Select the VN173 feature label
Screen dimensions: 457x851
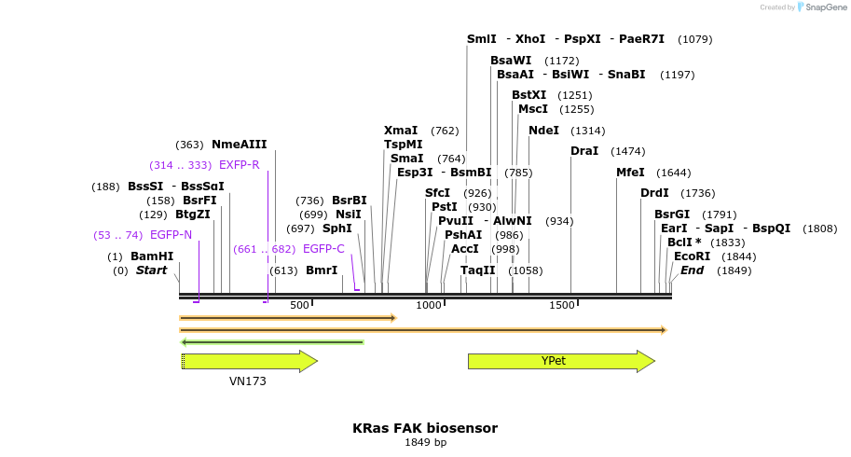[248, 381]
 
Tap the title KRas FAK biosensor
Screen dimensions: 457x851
[425, 428]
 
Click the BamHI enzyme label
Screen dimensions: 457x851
[152, 256]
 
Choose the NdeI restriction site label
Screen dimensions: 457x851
[543, 131]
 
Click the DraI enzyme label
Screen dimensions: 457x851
[584, 151]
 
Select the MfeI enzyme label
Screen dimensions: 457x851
[630, 173]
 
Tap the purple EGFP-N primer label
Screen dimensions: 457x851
[171, 235]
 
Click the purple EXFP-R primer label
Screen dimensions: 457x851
[239, 165]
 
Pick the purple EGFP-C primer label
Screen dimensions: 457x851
[323, 249]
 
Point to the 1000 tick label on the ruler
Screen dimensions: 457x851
[429, 306]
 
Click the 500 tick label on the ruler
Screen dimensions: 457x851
[299, 306]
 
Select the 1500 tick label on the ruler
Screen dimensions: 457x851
[561, 306]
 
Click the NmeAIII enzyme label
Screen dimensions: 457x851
[239, 145]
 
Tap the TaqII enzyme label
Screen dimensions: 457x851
[478, 270]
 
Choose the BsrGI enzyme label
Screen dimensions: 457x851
[672, 215]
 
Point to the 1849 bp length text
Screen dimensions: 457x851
[425, 442]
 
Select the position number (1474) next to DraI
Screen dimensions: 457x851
[627, 151]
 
